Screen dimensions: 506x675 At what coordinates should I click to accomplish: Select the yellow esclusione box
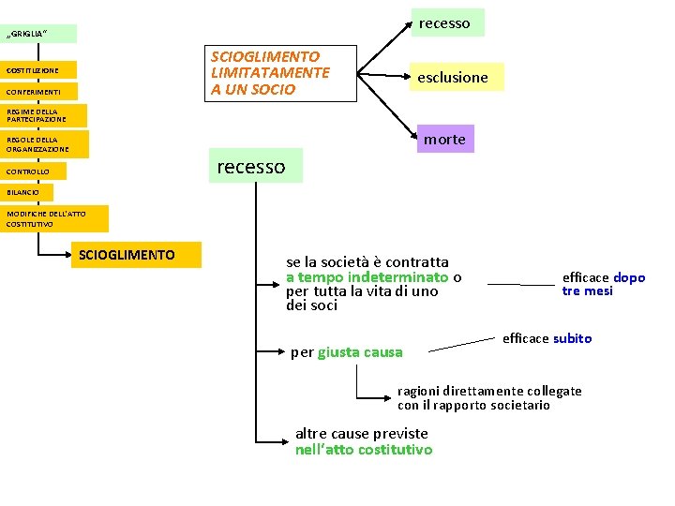453,77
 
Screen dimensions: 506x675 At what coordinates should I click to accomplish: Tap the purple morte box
443,139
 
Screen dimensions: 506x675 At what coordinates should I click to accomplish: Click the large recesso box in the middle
251,166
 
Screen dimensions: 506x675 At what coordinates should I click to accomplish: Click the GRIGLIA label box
39,35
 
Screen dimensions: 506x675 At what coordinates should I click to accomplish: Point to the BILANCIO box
27,192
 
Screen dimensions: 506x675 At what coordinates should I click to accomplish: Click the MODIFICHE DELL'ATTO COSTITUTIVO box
54,219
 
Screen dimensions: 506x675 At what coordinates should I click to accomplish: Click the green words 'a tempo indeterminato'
367,277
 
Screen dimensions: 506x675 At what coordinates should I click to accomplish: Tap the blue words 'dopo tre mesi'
604,284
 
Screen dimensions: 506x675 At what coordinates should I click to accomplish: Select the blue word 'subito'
572,338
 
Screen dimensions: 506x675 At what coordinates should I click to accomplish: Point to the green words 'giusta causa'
360,353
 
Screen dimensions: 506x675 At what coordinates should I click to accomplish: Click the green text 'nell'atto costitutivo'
364,450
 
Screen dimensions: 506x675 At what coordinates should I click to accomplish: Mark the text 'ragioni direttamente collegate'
489,391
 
